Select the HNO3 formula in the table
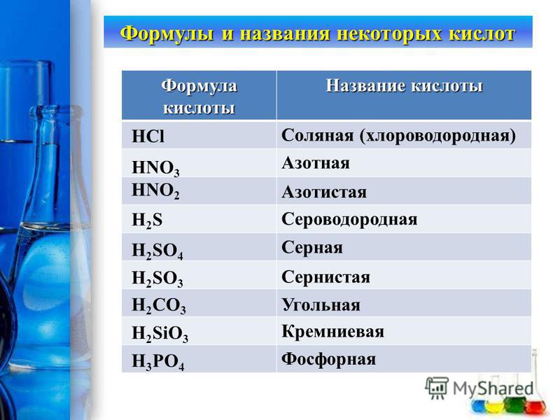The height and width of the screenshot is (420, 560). point(155,168)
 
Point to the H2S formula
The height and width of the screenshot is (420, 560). point(147,220)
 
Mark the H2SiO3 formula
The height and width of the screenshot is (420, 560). point(160,334)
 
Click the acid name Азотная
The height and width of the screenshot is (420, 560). point(316,163)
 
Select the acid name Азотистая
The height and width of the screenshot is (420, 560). point(324,192)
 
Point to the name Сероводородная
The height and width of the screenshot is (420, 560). point(349,219)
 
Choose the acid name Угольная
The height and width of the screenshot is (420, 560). point(321,305)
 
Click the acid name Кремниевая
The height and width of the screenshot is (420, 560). point(333,332)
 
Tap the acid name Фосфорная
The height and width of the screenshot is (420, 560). point(328,359)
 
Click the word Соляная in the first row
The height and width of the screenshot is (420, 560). point(318,136)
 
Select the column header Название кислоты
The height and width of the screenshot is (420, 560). point(405,86)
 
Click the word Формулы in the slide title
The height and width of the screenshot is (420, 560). point(167,34)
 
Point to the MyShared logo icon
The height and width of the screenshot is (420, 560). point(437,388)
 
